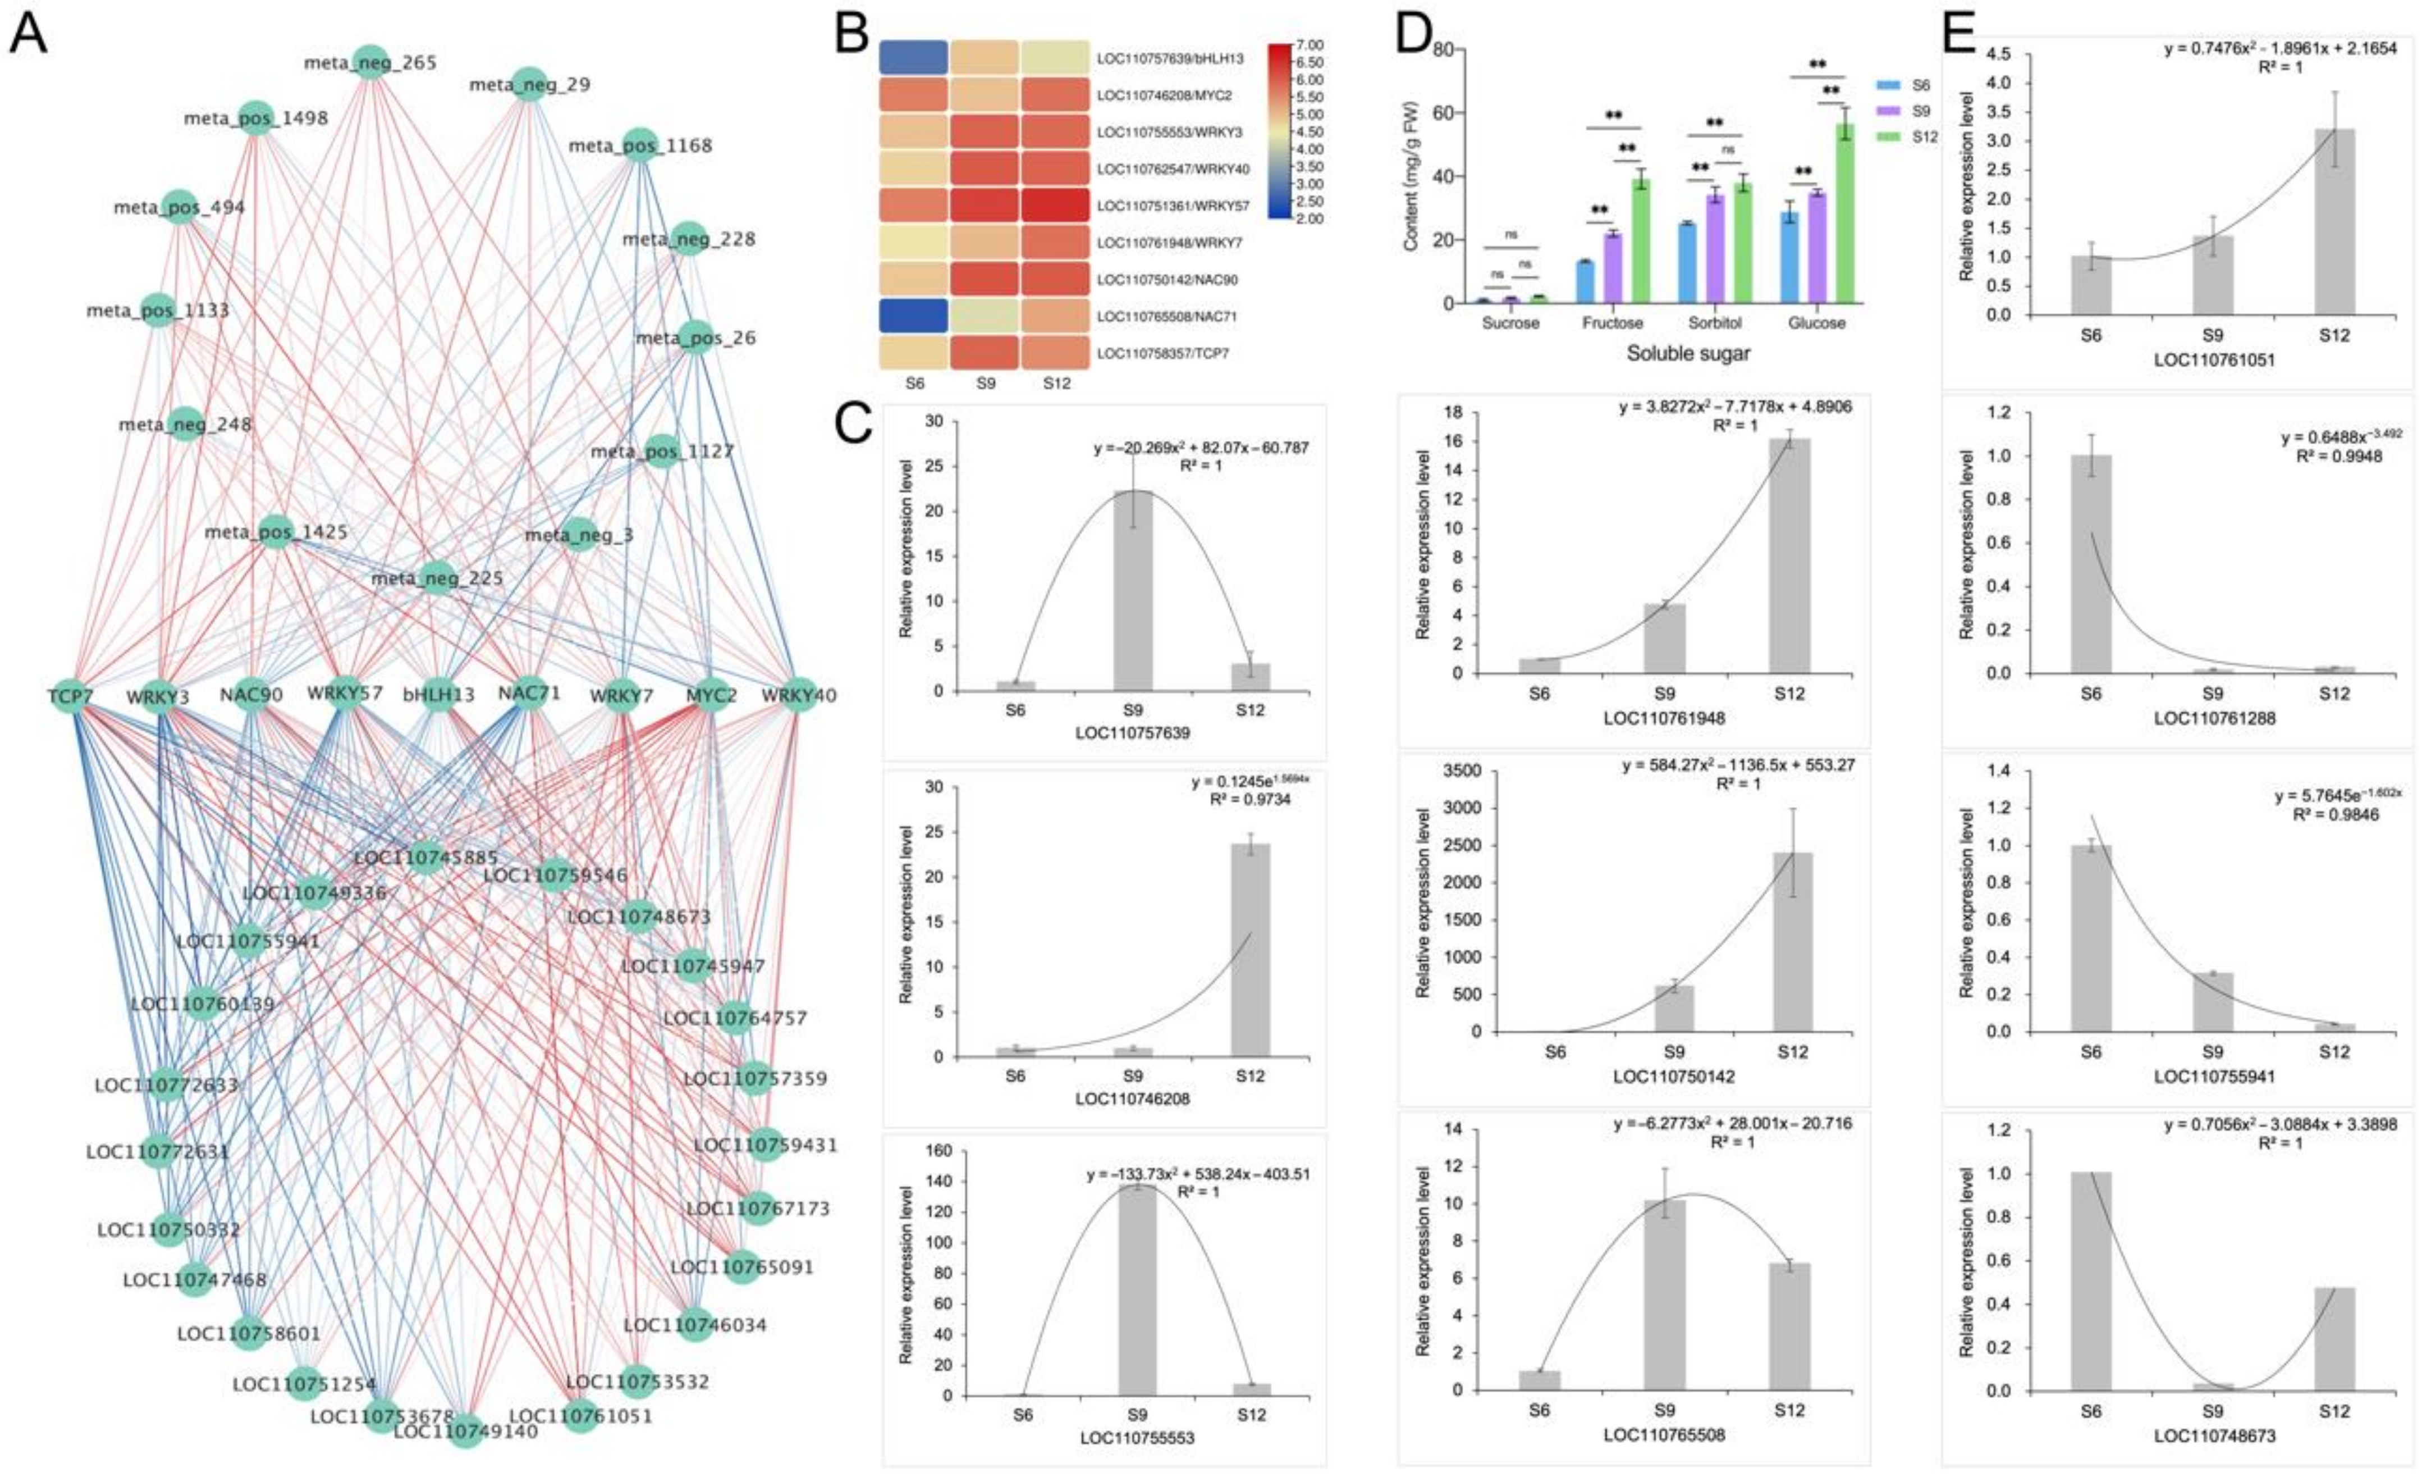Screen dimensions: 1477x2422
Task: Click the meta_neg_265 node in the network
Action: coord(369,62)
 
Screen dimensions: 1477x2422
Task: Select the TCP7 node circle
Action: coord(71,695)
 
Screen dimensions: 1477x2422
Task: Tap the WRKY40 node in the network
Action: coord(798,695)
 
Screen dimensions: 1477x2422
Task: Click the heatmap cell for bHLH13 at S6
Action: coord(913,58)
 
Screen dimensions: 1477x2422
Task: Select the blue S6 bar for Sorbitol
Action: coord(1687,263)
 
